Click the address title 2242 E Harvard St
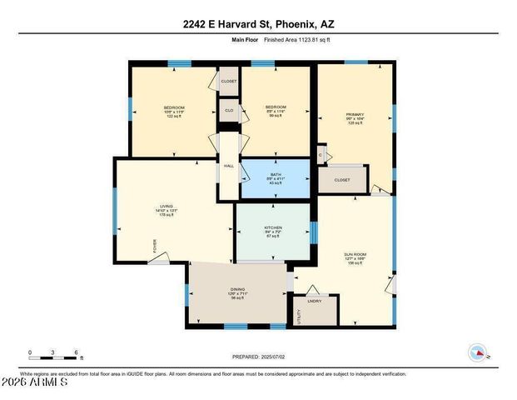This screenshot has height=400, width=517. [257, 24]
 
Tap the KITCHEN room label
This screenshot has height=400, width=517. [273, 227]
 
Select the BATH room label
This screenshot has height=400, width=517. [276, 174]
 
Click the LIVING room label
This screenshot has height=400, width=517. [167, 207]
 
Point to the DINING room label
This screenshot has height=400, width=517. [237, 289]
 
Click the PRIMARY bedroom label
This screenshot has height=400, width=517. [355, 114]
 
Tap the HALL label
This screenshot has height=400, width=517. [228, 166]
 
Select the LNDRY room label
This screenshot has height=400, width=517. [315, 301]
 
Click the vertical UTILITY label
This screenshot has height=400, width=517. [299, 317]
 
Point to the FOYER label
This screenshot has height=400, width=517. [154, 245]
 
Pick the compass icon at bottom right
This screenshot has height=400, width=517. [478, 352]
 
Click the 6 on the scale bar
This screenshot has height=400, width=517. [77, 352]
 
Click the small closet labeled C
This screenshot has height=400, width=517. [321, 154]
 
